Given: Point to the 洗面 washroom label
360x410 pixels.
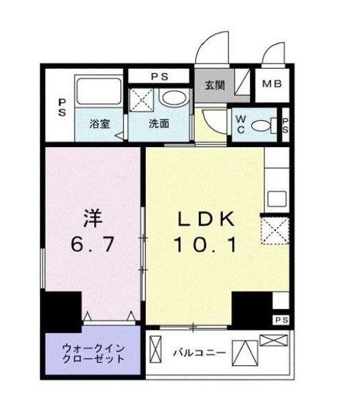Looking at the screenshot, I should [x=160, y=125].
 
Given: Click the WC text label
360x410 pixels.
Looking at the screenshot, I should [x=241, y=124].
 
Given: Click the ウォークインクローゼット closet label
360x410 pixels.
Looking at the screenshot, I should [x=94, y=353].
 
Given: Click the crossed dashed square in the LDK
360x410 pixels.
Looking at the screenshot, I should [x=274, y=230].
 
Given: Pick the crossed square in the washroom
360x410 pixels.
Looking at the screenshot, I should [x=144, y=101].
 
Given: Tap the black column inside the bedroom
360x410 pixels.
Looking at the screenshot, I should [x=62, y=312].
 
